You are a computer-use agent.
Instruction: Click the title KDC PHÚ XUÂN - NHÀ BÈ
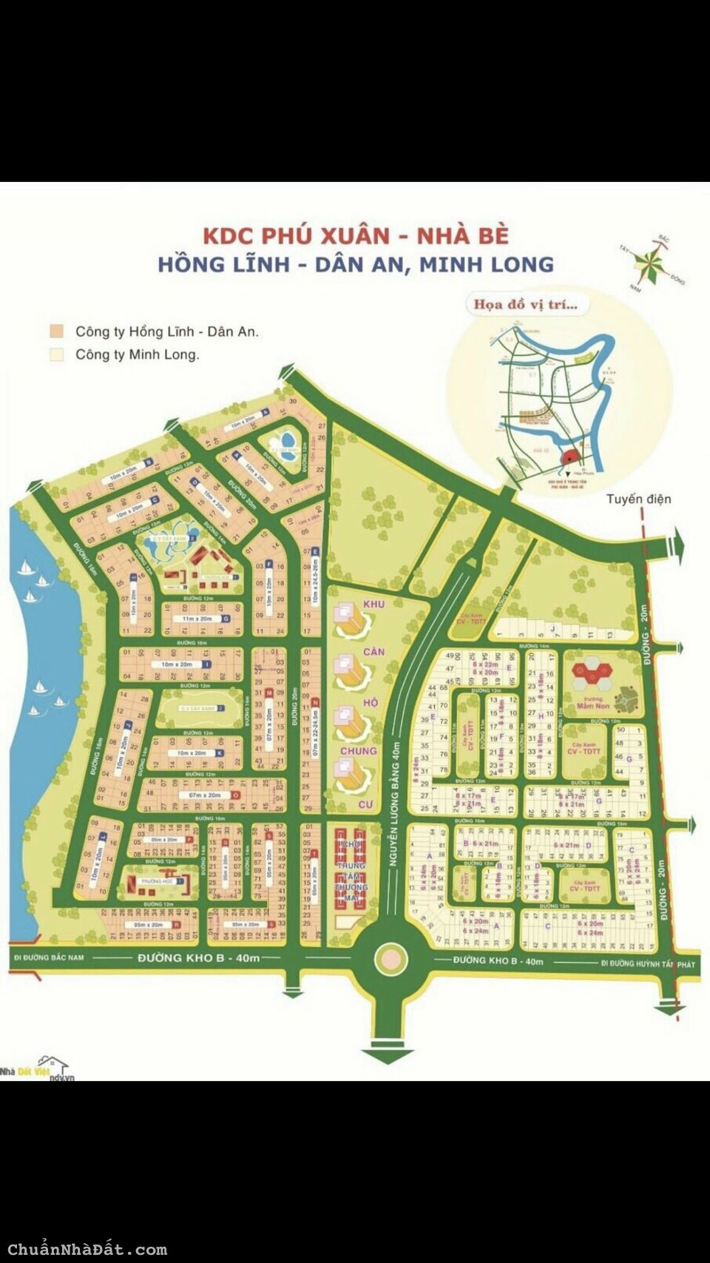(x=356, y=235)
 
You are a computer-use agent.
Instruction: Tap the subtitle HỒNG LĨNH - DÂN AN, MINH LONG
(x=356, y=264)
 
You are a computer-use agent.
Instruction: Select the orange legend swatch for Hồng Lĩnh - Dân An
(x=56, y=331)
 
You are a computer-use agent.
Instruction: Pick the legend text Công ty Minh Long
(x=137, y=354)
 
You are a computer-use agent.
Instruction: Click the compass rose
(x=652, y=262)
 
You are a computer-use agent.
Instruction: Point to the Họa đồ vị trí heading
(x=525, y=304)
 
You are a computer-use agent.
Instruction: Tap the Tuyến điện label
(x=639, y=499)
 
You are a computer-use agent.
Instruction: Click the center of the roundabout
(x=390, y=959)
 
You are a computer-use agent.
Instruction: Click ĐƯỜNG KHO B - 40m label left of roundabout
(x=199, y=957)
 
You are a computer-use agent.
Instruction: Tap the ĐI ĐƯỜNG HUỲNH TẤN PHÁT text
(x=648, y=963)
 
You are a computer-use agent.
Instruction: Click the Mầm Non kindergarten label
(x=593, y=705)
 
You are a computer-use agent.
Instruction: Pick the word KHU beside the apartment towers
(x=373, y=604)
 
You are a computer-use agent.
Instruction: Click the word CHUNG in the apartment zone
(x=358, y=751)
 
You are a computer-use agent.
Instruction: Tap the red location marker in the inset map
(x=571, y=457)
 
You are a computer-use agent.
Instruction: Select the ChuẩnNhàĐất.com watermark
(x=87, y=1250)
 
